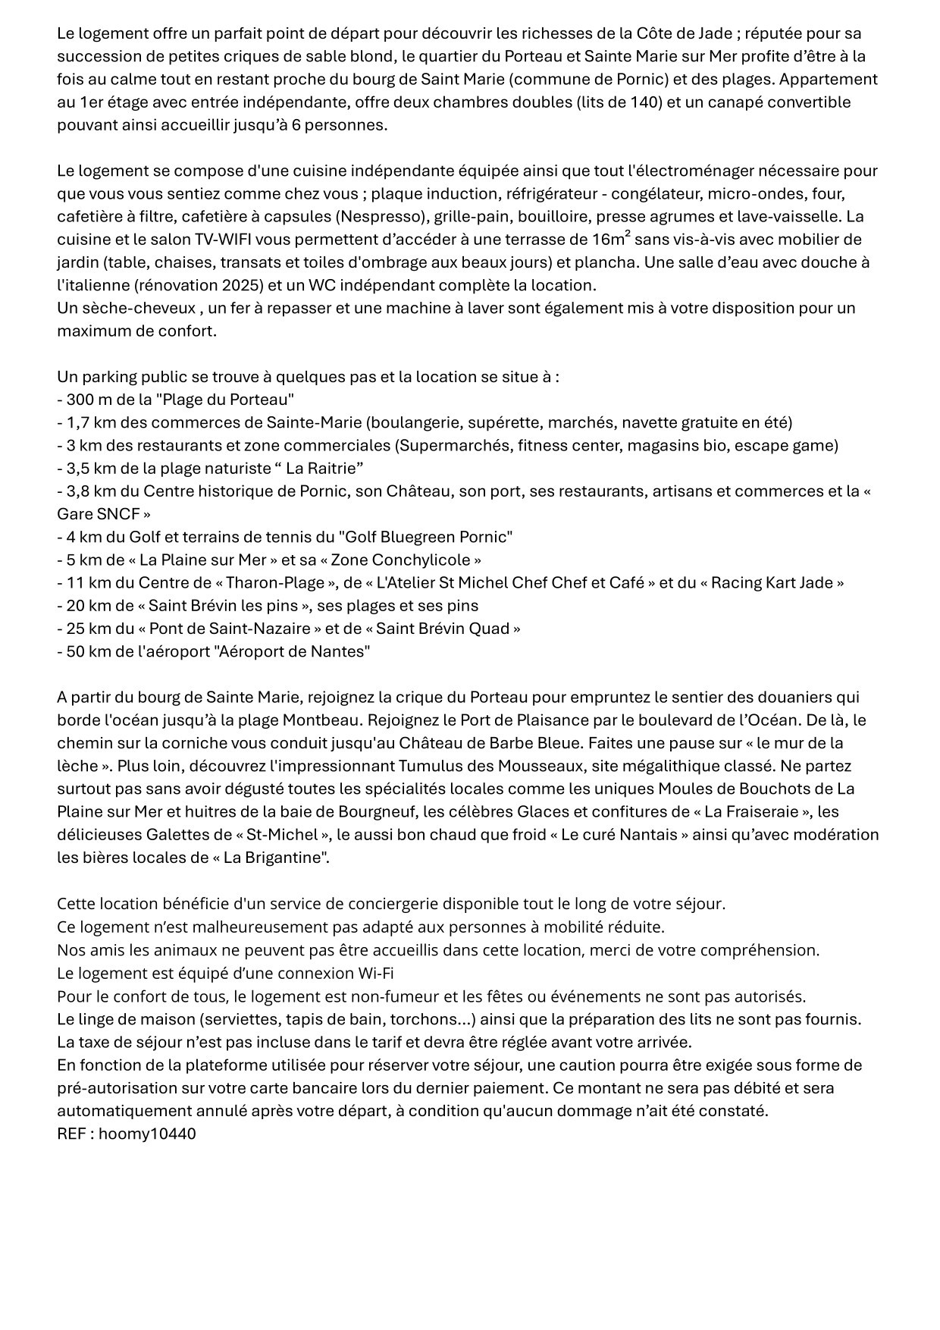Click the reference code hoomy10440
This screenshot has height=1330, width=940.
tap(147, 1134)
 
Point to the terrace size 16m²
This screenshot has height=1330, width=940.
tap(609, 239)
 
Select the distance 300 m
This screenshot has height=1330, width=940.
tap(89, 399)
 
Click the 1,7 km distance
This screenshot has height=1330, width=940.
tap(91, 422)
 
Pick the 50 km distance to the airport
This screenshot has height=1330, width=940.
tap(87, 651)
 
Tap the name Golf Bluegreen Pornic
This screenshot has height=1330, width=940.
tap(425, 537)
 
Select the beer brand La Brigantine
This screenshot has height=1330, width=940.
tap(268, 858)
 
